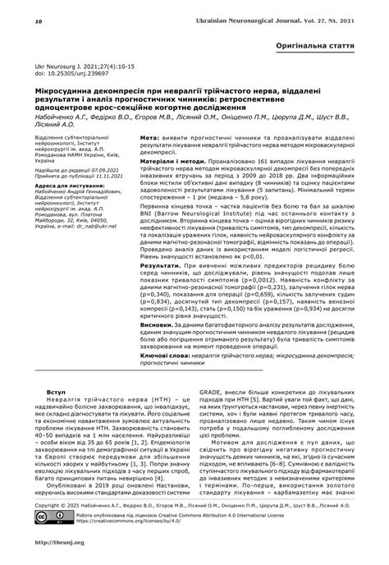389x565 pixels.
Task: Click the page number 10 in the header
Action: (x=16, y=12)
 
